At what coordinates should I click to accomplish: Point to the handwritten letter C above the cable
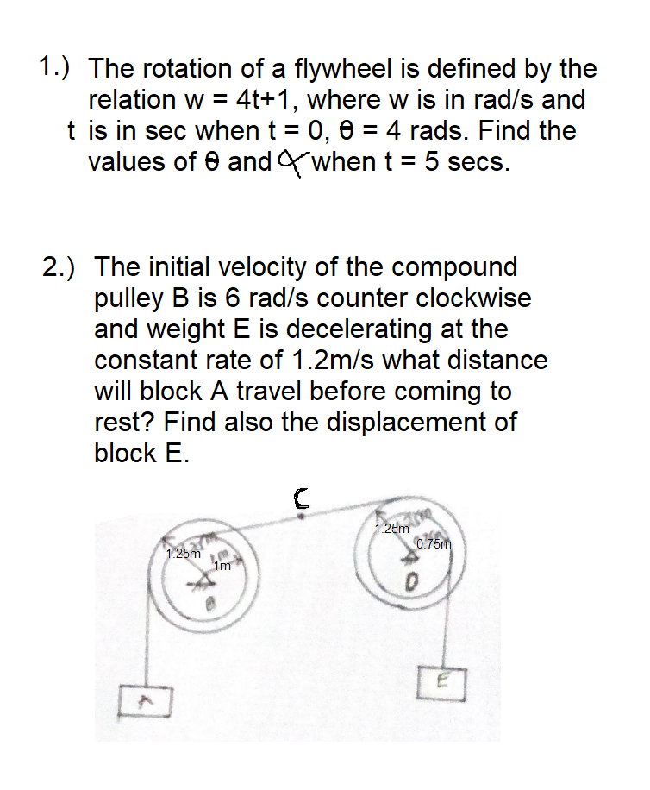[x=301, y=496]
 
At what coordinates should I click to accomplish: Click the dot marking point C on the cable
[x=300, y=516]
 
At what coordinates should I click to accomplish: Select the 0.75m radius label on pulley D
[x=434, y=543]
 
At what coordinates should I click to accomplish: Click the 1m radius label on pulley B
[x=222, y=567]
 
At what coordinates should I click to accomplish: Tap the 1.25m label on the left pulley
[x=184, y=554]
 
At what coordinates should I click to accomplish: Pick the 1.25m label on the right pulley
[x=392, y=528]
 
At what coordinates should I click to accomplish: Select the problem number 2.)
[x=61, y=266]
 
